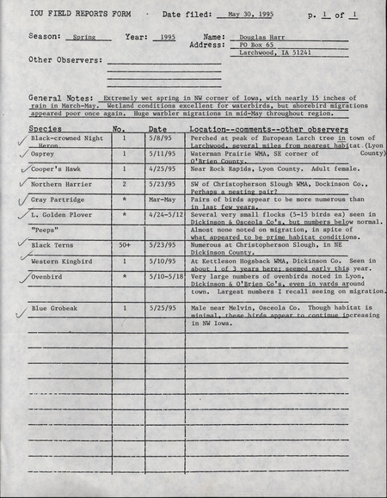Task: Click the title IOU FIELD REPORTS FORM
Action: tap(69, 15)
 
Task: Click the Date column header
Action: tap(157, 128)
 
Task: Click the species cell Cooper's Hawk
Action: tap(57, 170)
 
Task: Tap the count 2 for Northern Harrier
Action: tap(124, 184)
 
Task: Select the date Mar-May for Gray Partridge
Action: tap(161, 199)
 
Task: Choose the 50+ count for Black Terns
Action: tap(124, 246)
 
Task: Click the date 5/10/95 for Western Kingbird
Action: tap(160, 261)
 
